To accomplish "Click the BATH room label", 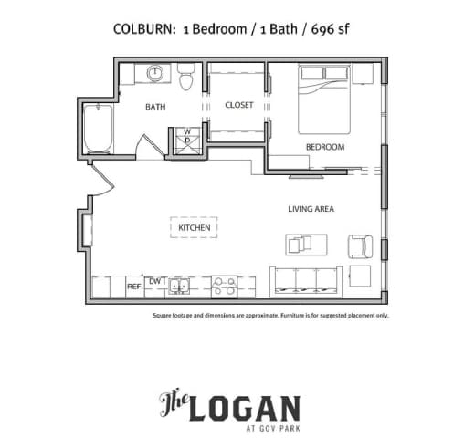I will pyautogui.click(x=155, y=107).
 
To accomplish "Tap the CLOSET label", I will pyautogui.click(x=239, y=105).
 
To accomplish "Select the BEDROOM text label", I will pyautogui.click(x=324, y=147).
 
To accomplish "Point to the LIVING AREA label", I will pyautogui.click(x=311, y=209).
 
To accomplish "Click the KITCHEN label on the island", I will pyautogui.click(x=195, y=227).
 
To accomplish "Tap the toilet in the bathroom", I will pyautogui.click(x=187, y=79).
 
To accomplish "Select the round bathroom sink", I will pyautogui.click(x=154, y=73).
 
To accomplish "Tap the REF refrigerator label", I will pyautogui.click(x=133, y=287).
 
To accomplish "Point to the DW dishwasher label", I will pyautogui.click(x=154, y=281).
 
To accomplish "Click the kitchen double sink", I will pyautogui.click(x=180, y=287).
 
